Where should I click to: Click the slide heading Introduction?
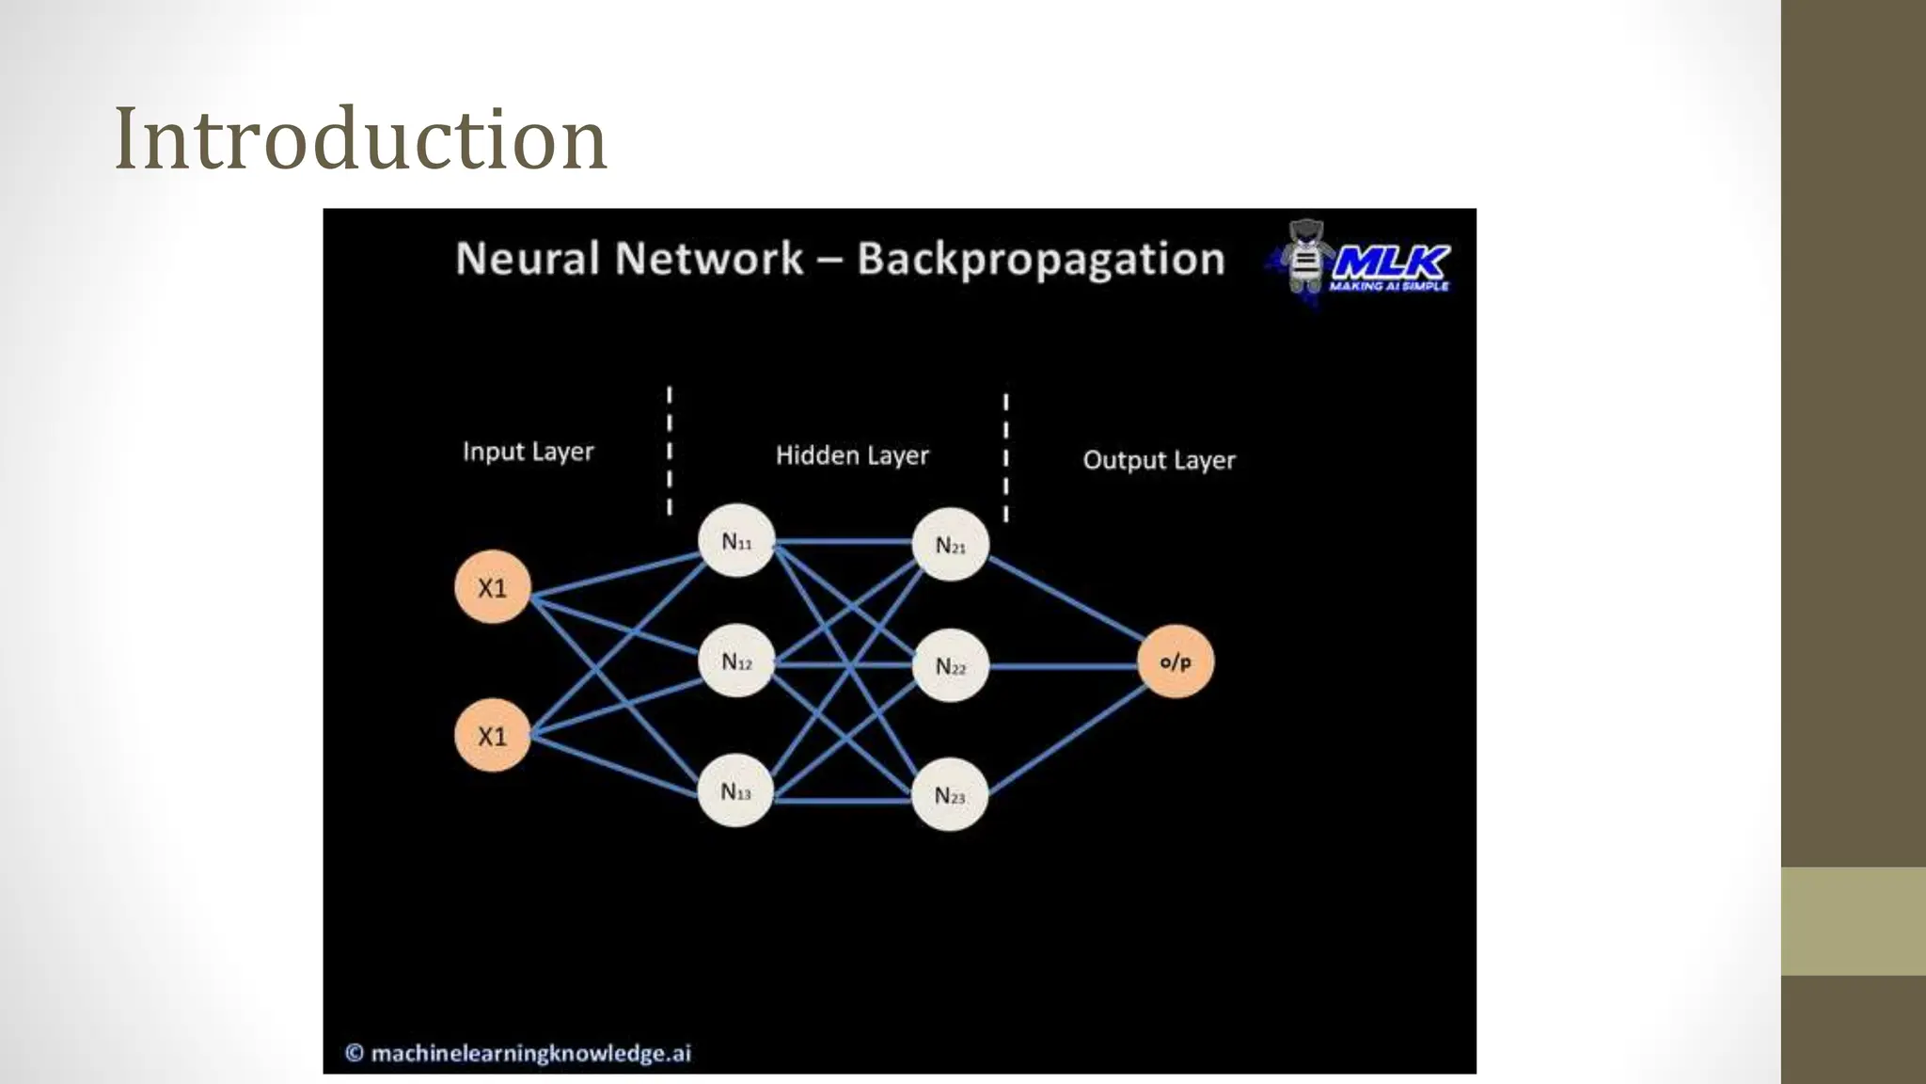360,139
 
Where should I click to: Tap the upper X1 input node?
492,587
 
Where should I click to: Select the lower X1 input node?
492,735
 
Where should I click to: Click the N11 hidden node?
735,541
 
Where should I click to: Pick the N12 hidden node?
735,662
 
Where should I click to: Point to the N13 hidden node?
735,791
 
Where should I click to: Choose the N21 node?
950,545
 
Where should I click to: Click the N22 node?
950,666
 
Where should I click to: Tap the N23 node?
950,796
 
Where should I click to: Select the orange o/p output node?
1176,662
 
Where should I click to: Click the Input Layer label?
528,452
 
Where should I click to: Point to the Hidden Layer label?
852,455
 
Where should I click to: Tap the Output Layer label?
1159,460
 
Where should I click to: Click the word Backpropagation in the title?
1041,259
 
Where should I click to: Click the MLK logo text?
1392,262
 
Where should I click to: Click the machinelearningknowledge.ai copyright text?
519,1053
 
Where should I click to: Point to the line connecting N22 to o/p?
1063,666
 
